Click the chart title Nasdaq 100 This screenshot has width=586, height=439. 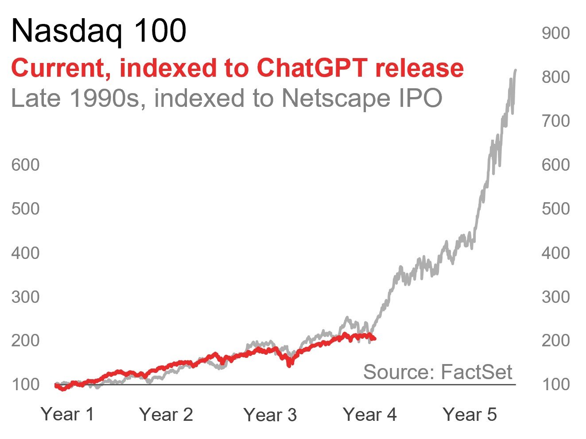tap(98, 31)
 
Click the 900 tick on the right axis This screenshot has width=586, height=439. tap(555, 33)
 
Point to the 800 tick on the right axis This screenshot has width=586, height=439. tap(555, 77)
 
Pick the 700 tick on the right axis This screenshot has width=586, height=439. tap(555, 121)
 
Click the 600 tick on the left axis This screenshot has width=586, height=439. tap(26, 165)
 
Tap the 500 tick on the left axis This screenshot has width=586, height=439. tap(26, 209)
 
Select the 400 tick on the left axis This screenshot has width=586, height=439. tap(26, 253)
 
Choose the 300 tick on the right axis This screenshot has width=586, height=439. tap(555, 297)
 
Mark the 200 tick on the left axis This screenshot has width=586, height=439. tap(26, 341)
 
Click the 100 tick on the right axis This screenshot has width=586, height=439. tap(555, 384)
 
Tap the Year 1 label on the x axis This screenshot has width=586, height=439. tap(67, 414)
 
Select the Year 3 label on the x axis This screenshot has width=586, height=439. tap(270, 415)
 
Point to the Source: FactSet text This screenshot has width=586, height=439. tap(438, 372)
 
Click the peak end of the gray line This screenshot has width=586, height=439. tap(515, 70)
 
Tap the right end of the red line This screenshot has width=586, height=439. tap(375, 339)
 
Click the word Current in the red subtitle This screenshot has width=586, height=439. tap(61, 68)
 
